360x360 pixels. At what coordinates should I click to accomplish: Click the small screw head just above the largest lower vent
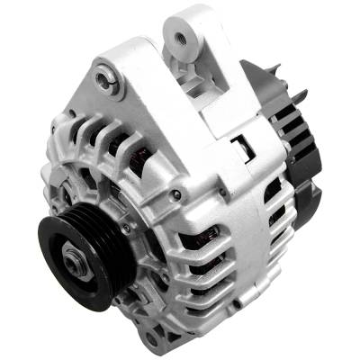coord(176,194)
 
